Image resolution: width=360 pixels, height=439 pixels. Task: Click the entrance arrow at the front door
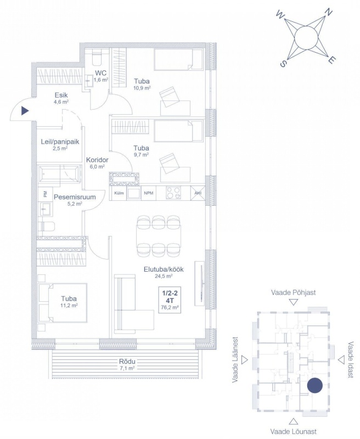[25, 111]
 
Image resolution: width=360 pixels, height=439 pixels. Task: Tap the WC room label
[100, 73]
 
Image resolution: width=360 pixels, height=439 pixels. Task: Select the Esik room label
[61, 95]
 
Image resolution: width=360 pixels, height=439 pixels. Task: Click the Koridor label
[97, 160]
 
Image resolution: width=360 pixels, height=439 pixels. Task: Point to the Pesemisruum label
[75, 197]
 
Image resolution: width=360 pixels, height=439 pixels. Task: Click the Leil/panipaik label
[60, 142]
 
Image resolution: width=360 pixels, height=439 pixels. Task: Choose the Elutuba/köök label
[164, 269]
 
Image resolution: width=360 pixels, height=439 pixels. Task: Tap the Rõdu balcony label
[127, 362]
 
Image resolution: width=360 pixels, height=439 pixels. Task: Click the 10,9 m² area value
[142, 88]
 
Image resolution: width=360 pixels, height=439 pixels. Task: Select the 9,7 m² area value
[141, 154]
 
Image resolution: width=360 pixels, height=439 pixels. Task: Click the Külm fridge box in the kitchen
[119, 193]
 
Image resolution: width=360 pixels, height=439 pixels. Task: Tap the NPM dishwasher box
[148, 193]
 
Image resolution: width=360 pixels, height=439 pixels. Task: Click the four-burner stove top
[173, 193]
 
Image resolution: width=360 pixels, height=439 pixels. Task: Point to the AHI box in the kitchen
[198, 193]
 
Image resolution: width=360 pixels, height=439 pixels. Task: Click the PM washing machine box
[45, 194]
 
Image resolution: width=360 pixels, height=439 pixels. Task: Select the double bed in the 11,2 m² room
[63, 303]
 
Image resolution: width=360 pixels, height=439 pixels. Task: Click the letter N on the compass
[328, 12]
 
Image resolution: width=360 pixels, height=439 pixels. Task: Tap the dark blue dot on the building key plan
[314, 386]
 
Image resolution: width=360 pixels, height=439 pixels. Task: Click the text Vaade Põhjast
[293, 292]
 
